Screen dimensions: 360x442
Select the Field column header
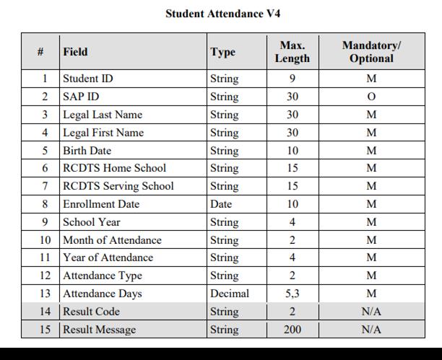76,52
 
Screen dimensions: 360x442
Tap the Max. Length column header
292,52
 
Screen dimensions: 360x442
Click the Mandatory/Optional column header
371,52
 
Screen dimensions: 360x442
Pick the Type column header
222,52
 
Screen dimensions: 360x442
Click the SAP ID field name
81,97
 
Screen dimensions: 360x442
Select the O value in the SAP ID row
371,97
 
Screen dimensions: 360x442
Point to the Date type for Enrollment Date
221,204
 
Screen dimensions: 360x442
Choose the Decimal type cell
229,294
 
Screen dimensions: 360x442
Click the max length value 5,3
292,294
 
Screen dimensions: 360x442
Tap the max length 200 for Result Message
292,330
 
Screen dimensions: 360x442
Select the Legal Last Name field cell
103,115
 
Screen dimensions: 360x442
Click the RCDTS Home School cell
114,168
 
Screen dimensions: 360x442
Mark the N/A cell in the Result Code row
371,312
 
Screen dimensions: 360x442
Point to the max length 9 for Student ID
292,79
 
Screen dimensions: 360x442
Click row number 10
45,240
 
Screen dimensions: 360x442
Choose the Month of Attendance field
112,240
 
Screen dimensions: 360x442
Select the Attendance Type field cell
103,276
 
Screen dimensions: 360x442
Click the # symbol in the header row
40,52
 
